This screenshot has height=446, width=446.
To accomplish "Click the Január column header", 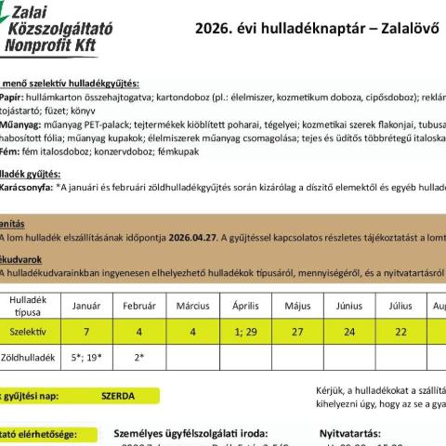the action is pyautogui.click(x=86, y=305).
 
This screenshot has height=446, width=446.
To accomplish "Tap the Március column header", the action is pyautogui.click(x=192, y=305).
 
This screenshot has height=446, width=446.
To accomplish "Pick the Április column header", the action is pyautogui.click(x=245, y=305).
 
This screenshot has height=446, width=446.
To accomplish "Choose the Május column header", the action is pyautogui.click(x=297, y=305).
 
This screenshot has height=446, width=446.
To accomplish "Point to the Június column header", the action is pyautogui.click(x=349, y=305).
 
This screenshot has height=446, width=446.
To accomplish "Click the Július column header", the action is pyautogui.click(x=400, y=305).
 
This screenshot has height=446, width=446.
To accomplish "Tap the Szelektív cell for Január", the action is pyautogui.click(x=86, y=331).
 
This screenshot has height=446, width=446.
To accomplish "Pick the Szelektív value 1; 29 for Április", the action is pyautogui.click(x=245, y=331).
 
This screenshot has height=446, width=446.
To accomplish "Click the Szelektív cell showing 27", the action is pyautogui.click(x=297, y=331).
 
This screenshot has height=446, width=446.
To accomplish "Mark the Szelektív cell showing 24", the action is pyautogui.click(x=349, y=331).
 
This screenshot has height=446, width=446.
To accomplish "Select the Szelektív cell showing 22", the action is pyautogui.click(x=400, y=331).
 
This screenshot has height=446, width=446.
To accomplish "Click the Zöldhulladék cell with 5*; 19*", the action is pyautogui.click(x=86, y=356).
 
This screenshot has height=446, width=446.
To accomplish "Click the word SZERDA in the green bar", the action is pyautogui.click(x=118, y=396).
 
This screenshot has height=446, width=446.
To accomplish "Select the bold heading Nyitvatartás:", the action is pyautogui.click(x=350, y=433).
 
